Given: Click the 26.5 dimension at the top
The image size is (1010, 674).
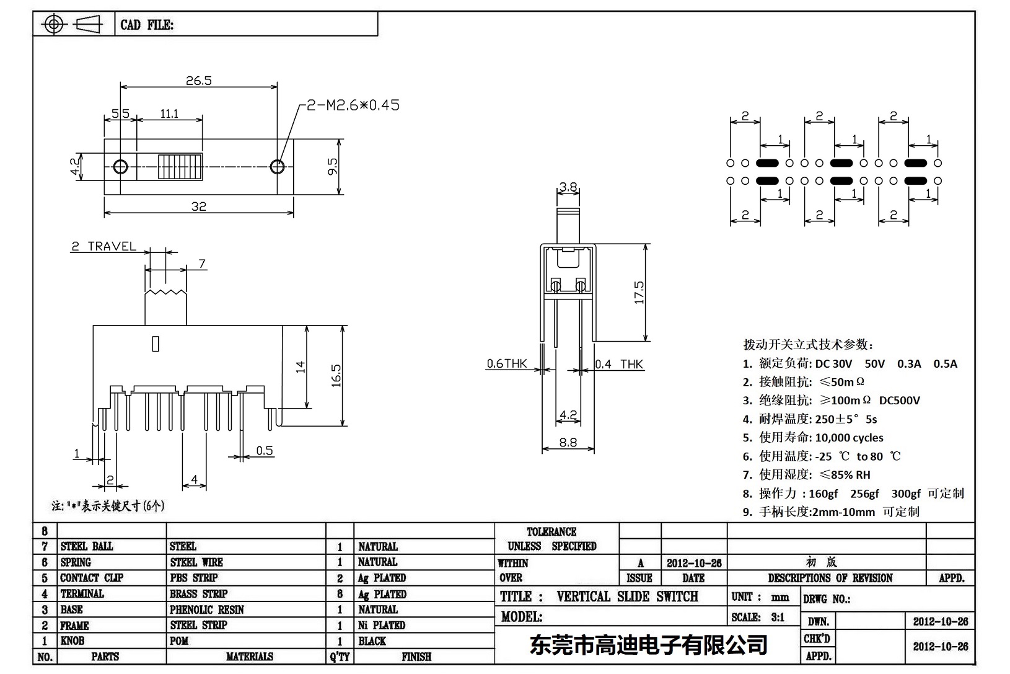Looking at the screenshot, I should tap(198, 81).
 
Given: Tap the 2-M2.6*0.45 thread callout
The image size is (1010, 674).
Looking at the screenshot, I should tap(353, 105).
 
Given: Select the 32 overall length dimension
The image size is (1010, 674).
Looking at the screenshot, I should tap(198, 206).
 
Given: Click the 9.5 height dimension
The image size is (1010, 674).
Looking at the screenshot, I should tap(333, 166).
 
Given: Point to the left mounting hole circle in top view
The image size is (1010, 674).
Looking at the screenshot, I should tap(121, 167).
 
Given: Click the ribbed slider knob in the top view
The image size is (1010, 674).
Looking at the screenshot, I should tap(180, 167).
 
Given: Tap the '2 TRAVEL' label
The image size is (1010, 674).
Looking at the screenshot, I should tap(103, 246).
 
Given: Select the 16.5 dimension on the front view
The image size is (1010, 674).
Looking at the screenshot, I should tap(336, 376).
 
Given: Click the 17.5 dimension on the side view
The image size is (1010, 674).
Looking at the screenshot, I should tap(639, 292).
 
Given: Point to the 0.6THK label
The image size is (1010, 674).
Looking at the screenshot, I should tap(506, 364).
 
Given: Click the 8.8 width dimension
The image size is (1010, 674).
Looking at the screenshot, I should tap(568, 442).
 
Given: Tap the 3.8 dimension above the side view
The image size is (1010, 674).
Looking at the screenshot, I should tap(568, 187).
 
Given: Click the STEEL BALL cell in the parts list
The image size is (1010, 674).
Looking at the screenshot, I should tap(87, 546).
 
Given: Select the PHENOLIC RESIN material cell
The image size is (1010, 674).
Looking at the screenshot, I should tap(207, 610).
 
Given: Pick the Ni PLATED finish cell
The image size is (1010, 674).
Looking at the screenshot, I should tap(382, 625).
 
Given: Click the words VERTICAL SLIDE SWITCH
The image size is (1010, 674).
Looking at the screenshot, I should tap(627, 596).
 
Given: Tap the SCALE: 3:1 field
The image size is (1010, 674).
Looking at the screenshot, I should tap(757, 617).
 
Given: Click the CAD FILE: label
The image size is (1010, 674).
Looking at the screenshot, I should tap(147, 25).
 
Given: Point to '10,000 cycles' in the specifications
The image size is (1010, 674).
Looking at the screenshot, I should tap(849, 438).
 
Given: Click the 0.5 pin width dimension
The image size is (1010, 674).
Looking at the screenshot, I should tap(265, 451).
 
